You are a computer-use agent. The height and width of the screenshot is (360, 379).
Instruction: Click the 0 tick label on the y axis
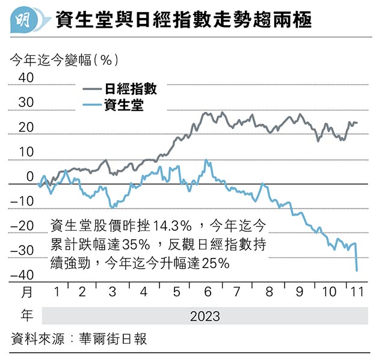click(30, 177)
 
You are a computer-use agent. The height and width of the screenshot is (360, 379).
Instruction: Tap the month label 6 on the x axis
click(207, 293)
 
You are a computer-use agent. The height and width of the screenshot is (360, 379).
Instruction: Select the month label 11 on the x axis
click(356, 293)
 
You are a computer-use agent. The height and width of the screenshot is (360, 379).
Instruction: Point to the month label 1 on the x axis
click(56, 293)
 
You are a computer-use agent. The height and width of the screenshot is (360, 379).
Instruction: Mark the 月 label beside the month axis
click(26, 293)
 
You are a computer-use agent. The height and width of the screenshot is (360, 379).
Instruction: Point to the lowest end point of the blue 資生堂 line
click(357, 271)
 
